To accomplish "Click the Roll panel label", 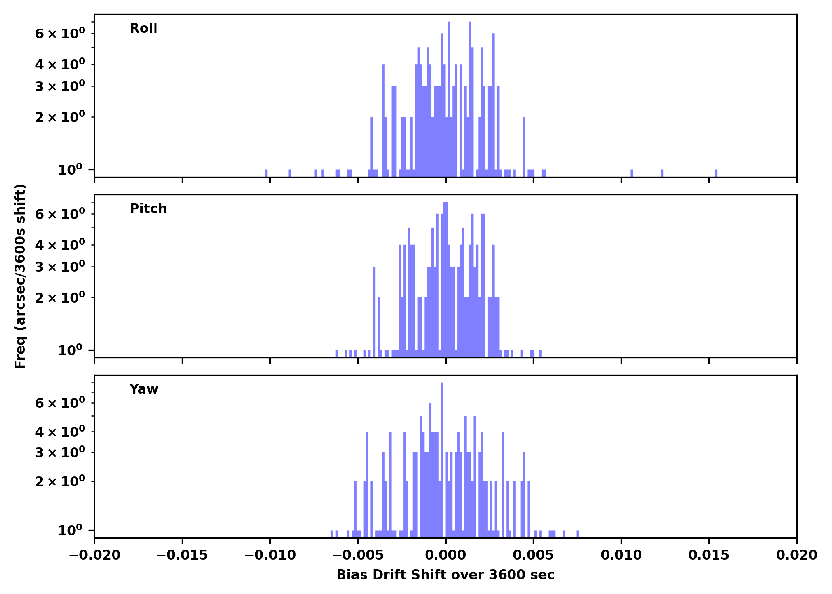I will [143, 29].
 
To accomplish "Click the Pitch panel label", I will [148, 209].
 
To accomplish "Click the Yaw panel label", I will [143, 389].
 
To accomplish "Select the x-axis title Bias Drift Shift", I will [445, 575].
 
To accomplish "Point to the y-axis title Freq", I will [20, 276].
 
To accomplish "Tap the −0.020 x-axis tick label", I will [94, 555].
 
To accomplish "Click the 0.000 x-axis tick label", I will [445, 555].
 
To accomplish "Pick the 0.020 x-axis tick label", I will [796, 555].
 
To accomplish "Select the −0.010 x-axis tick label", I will [270, 555].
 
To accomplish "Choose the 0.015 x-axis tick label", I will [709, 555].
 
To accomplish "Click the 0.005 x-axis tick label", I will [533, 555].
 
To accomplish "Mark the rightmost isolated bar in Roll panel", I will [716, 173].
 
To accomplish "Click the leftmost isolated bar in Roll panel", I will [266, 173].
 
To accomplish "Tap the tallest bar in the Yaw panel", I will [442, 455].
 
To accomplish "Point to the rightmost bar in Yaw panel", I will [578, 534].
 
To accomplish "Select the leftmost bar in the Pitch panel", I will [337, 354].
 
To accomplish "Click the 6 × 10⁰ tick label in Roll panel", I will [60, 34].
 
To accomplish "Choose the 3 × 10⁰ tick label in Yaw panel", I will [60, 453].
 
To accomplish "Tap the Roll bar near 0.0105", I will [632, 173].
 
